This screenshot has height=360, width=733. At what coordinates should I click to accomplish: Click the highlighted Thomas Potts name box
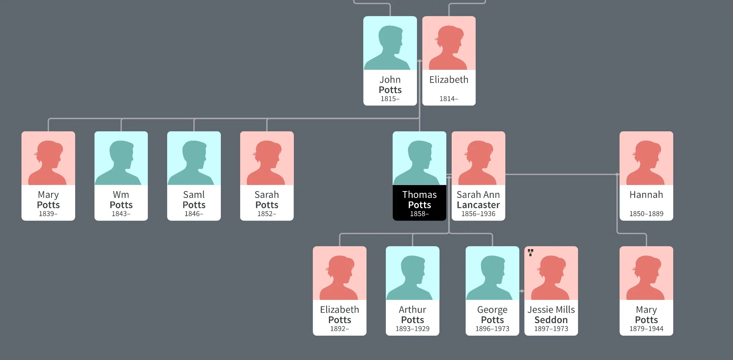tap(419, 203)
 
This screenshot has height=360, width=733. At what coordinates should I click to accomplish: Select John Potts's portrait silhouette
tap(390, 47)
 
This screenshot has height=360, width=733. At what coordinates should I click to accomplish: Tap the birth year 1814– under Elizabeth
tap(448, 99)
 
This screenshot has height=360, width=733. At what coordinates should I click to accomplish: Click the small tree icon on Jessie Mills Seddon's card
tap(530, 253)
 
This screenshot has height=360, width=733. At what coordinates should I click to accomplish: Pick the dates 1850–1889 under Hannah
tap(646, 214)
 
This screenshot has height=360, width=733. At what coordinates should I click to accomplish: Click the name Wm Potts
tap(121, 200)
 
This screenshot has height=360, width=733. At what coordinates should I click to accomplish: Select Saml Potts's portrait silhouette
tap(194, 162)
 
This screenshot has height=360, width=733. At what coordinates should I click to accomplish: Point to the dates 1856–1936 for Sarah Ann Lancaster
tap(478, 214)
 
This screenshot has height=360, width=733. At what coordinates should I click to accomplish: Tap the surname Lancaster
tap(478, 205)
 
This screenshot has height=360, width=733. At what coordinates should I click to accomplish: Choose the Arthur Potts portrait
tap(412, 277)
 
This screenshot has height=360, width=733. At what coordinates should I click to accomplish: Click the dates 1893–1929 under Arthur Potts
tap(412, 329)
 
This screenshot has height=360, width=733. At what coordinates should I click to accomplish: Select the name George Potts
tap(492, 315)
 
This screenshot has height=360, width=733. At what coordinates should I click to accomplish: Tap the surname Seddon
tap(551, 320)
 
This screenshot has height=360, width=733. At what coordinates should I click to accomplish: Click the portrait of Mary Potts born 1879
tap(646, 277)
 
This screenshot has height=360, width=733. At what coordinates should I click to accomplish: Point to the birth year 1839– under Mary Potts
tap(48, 214)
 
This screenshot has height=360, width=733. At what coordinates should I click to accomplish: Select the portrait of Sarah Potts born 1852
tap(267, 162)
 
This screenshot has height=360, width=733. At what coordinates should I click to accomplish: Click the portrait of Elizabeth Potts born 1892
tap(339, 277)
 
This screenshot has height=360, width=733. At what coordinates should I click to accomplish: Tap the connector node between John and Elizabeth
tap(419, 61)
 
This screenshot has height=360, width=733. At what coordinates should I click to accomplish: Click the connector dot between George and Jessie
tap(522, 291)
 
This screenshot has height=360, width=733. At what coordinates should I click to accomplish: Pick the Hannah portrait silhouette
tap(646, 162)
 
